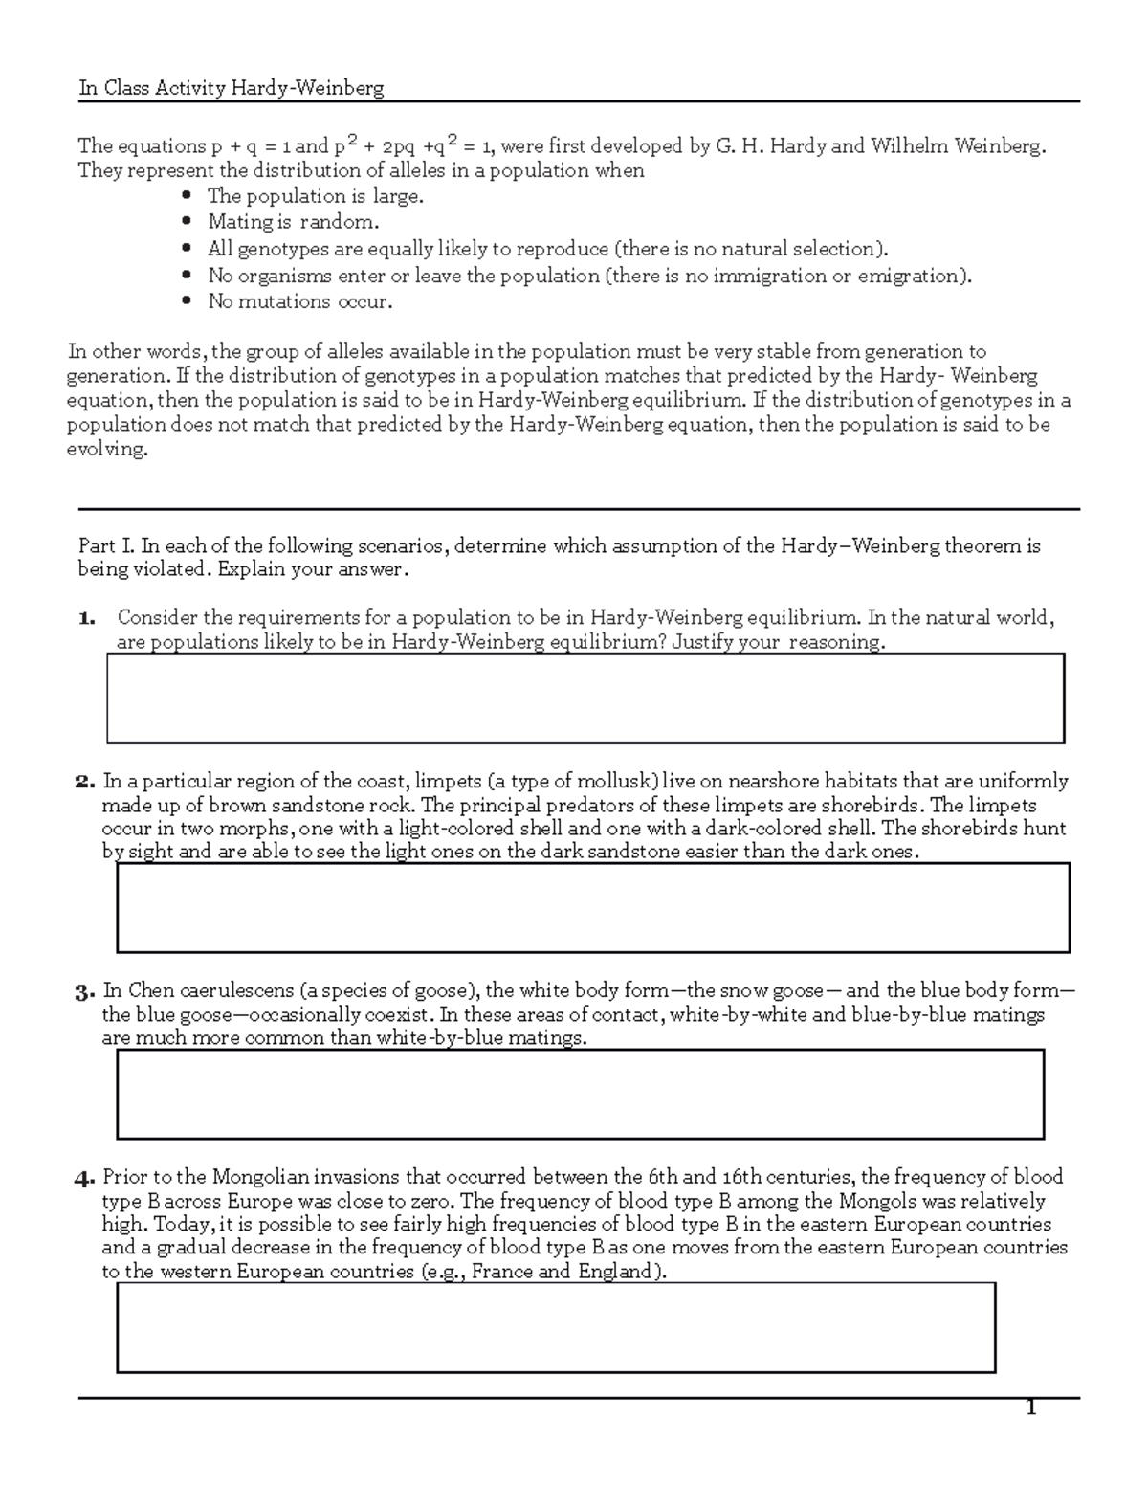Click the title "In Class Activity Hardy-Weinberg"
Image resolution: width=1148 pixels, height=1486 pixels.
(x=231, y=89)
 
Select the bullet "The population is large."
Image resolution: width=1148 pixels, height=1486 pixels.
(x=315, y=196)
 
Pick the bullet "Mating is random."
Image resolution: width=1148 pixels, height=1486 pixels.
(x=293, y=222)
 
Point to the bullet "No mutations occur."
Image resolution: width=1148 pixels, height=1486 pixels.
(x=299, y=301)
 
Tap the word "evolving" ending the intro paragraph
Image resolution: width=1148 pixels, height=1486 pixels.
(x=107, y=450)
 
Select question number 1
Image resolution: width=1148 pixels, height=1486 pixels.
(x=87, y=618)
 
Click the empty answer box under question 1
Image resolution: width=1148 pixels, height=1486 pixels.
(x=585, y=699)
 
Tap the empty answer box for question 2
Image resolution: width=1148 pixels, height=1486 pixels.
(x=592, y=907)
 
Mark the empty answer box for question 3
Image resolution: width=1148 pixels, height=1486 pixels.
(x=580, y=1094)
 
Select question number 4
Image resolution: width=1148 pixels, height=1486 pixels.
(x=85, y=1178)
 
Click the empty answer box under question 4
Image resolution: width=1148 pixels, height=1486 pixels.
(x=556, y=1327)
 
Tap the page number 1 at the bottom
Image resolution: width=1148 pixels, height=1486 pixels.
(x=1030, y=1408)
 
